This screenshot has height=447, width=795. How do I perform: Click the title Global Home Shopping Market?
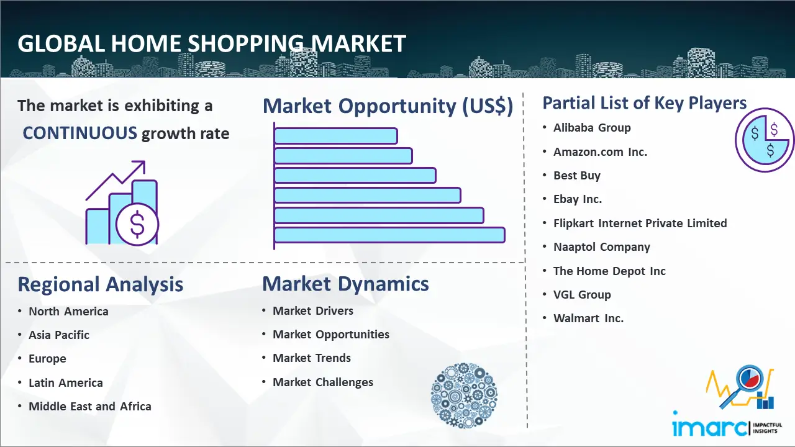pos(211,44)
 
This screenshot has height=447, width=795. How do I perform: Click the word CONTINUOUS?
pos(79,133)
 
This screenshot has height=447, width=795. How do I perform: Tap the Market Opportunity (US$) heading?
pos(388,106)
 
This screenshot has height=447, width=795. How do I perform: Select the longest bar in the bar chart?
pos(389,235)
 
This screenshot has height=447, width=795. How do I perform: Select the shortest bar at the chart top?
pos(335,135)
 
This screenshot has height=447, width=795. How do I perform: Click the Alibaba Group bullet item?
pos(592,128)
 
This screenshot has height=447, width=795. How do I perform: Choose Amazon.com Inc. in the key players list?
pos(600,151)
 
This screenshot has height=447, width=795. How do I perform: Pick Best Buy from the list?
pos(577,176)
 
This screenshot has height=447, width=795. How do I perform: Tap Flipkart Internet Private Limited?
pos(640,223)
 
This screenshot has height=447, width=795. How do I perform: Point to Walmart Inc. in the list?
pos(588,318)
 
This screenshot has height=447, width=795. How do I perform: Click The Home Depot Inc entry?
pos(609,271)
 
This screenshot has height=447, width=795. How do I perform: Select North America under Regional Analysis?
pos(68,312)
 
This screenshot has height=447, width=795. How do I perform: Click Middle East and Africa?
pos(89,407)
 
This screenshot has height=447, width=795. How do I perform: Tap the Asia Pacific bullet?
pos(59,335)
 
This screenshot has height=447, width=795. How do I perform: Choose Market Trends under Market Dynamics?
pos(311,358)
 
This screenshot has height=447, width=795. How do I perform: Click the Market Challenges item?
pos(323,382)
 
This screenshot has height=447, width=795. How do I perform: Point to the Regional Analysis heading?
pos(100,284)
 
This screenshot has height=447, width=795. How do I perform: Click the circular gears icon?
pos(464,395)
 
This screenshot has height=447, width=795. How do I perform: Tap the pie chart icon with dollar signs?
pos(764,140)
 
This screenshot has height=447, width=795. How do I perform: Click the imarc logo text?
pos(709,428)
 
